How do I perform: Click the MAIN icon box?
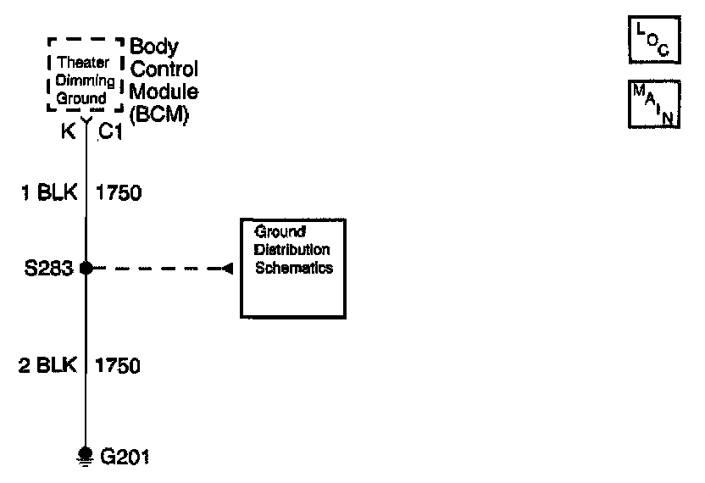pyautogui.click(x=654, y=105)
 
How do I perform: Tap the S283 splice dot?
pyautogui.click(x=86, y=269)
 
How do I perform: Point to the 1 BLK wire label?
pyautogui.click(x=49, y=193)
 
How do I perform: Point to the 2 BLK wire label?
pyautogui.click(x=49, y=366)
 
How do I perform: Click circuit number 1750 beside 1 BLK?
pyautogui.click(x=119, y=193)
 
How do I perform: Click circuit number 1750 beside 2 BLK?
pyautogui.click(x=119, y=366)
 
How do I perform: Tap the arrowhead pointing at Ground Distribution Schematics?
pyautogui.click(x=227, y=269)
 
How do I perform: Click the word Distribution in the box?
pyautogui.click(x=292, y=250)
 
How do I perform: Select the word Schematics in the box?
pyautogui.click(x=293, y=268)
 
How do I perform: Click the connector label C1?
pyautogui.click(x=111, y=132)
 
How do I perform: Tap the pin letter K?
pyautogui.click(x=66, y=132)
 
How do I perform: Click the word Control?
pyautogui.click(x=164, y=69)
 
